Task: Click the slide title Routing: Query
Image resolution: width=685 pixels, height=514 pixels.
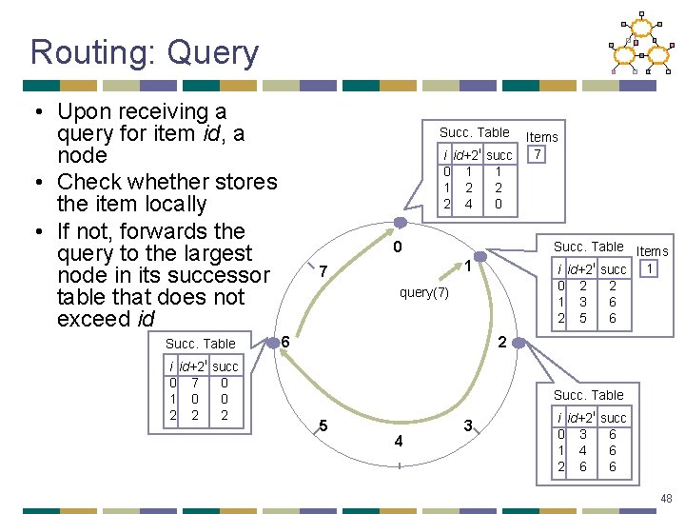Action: point(144,52)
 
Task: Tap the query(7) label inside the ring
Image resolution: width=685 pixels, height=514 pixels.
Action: point(424,292)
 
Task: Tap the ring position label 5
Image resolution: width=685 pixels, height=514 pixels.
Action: point(324,425)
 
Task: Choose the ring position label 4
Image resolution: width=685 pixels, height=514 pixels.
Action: point(399,442)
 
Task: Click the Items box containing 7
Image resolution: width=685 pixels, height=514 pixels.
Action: point(538,154)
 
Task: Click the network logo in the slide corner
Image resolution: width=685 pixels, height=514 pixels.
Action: point(643,44)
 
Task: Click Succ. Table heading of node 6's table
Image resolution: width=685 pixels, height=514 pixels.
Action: point(200,344)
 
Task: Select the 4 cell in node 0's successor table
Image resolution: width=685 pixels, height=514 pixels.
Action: point(468,204)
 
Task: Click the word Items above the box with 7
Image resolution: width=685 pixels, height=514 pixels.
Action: point(542,137)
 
